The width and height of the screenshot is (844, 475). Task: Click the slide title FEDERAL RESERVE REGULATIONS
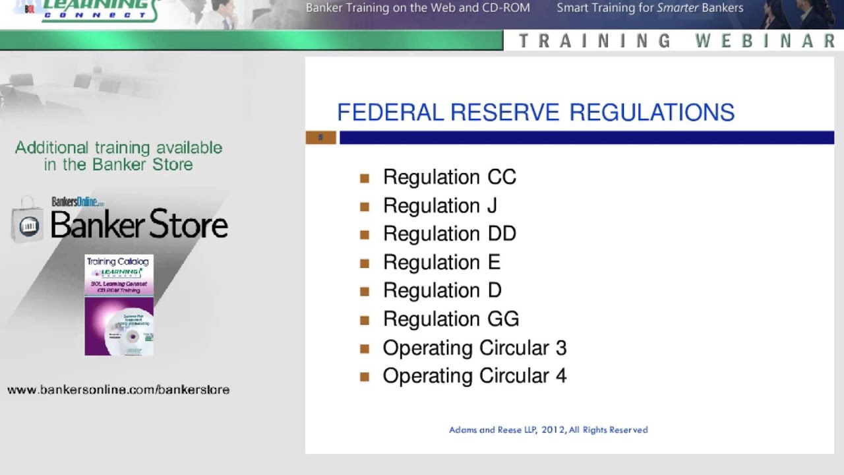point(535,112)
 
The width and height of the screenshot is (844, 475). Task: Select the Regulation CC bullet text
point(449,177)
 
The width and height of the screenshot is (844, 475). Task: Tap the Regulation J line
point(440,205)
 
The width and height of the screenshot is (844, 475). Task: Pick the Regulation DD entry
point(449,234)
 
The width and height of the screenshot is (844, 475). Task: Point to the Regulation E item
point(441,262)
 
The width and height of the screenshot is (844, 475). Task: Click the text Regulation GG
point(450,319)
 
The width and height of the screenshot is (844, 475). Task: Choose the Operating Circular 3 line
point(474,348)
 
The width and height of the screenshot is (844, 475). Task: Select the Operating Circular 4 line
point(474,375)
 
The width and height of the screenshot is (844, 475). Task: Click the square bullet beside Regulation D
point(365,291)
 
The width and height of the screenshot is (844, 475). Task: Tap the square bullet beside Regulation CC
point(365,177)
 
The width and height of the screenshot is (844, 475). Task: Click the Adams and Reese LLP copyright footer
point(548,429)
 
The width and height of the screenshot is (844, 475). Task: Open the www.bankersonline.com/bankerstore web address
point(119,389)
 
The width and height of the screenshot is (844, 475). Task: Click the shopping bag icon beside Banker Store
point(27,221)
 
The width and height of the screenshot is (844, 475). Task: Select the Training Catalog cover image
point(119,305)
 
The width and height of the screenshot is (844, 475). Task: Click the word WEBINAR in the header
point(766,41)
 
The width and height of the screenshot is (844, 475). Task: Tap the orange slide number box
point(321,137)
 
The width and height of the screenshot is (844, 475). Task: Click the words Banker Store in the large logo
point(139,225)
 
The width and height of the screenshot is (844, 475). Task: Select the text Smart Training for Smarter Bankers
point(649,8)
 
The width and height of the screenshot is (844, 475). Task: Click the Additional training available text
point(119,148)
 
